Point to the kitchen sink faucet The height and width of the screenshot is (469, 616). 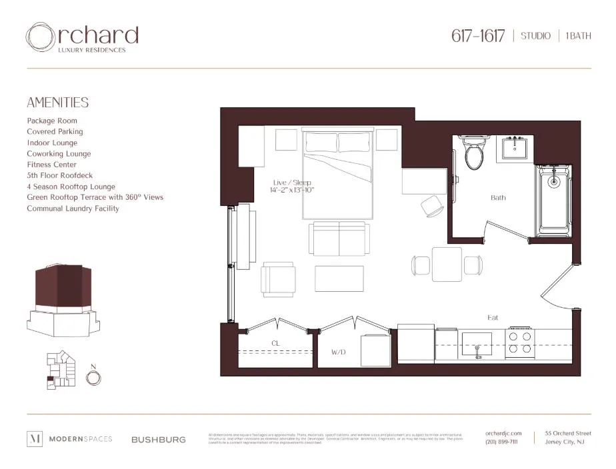[477, 349]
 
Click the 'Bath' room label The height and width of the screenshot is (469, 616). [498, 197]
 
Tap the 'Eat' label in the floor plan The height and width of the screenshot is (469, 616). [493, 318]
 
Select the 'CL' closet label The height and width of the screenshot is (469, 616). [275, 343]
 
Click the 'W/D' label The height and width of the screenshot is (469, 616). [339, 351]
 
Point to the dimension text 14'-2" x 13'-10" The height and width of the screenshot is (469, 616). [292, 191]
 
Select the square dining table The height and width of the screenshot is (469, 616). [447, 264]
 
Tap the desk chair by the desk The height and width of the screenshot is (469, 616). [433, 206]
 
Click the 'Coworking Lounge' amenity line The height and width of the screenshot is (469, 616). [59, 154]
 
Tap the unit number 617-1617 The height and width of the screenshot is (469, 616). [477, 35]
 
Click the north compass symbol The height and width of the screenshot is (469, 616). [94, 378]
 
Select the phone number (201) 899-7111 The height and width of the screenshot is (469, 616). [501, 442]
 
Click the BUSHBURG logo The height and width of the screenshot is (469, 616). [158, 440]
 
